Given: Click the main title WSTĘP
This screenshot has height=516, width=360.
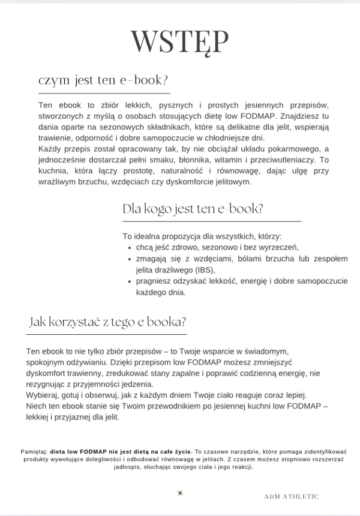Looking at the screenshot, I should tap(179, 42).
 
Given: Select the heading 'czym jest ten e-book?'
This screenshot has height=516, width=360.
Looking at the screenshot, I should tap(103, 80).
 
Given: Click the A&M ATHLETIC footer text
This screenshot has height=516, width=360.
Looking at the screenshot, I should tap(291, 496).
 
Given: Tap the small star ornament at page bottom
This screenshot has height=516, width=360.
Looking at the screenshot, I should tap(179, 493).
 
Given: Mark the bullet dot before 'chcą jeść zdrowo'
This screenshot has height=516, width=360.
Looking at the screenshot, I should tap(131, 247).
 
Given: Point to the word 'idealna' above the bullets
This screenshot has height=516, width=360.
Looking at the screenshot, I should tap(149, 236).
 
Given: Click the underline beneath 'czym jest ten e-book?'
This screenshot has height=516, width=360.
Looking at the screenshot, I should tap(103, 94).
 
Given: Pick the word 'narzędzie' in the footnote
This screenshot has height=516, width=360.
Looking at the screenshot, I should tap(235, 451).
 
